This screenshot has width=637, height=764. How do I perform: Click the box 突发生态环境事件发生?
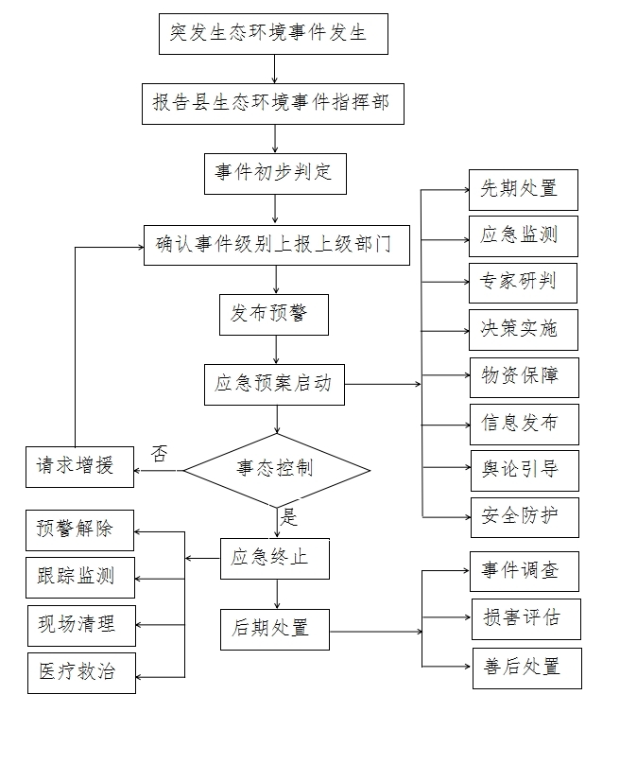273,34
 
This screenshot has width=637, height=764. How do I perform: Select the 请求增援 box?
79,466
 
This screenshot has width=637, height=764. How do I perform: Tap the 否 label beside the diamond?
160,453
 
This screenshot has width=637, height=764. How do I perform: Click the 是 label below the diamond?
288,517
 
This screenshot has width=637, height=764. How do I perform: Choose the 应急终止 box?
275,558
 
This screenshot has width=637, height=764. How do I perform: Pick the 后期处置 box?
275,628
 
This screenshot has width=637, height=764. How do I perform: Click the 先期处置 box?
523,189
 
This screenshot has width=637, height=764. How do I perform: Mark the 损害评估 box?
526,618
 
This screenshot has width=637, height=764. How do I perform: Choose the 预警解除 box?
79,530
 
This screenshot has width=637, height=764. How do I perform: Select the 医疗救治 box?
80,672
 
